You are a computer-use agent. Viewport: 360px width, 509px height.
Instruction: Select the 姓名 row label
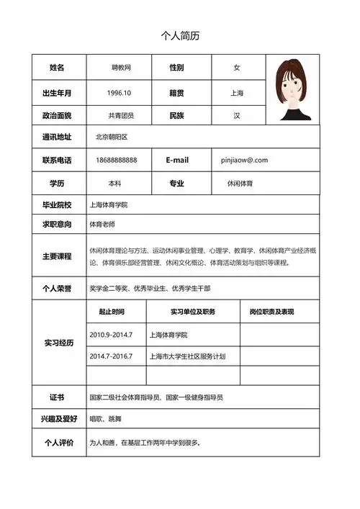coord(57,68)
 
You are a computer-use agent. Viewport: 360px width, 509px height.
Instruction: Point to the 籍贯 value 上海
coord(237,93)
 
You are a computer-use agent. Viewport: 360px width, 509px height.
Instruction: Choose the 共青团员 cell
coord(121,115)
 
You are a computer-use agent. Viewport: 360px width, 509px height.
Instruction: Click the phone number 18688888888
coord(117,160)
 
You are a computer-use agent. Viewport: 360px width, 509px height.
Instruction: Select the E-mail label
coord(176,160)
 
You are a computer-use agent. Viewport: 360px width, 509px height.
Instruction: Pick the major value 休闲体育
coord(240,184)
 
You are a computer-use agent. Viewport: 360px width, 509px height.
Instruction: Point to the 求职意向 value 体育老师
coord(102,225)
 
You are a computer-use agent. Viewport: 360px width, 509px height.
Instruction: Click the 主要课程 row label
coord(57,256)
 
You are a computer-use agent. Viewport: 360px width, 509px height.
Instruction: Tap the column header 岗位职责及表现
coord(271,312)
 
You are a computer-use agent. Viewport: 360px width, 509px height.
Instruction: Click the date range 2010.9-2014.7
coord(111,335)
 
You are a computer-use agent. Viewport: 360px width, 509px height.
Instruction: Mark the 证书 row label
coord(57,397)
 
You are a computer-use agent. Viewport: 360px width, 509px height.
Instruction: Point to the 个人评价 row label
coord(57,443)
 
